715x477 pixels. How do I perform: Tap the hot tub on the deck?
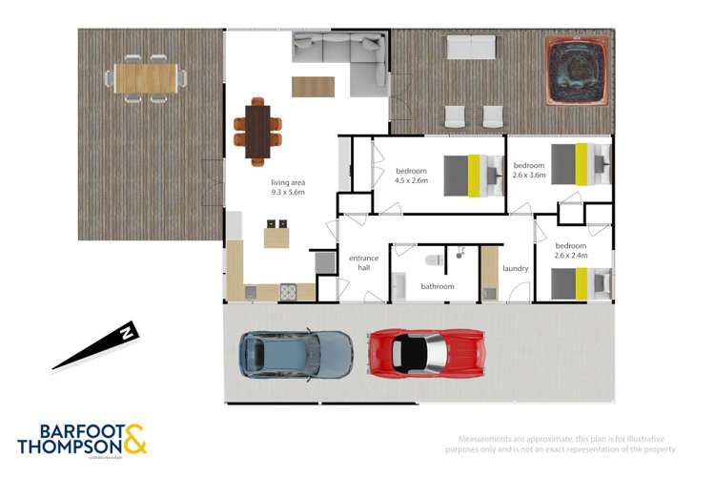tap(571, 69)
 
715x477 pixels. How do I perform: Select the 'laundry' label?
tap(516, 268)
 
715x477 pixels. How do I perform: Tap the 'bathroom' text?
tap(438, 286)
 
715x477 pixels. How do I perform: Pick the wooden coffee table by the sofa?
tap(313, 86)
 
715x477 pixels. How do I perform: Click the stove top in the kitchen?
tap(288, 293)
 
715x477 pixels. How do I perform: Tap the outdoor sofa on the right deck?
tap(471, 47)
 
